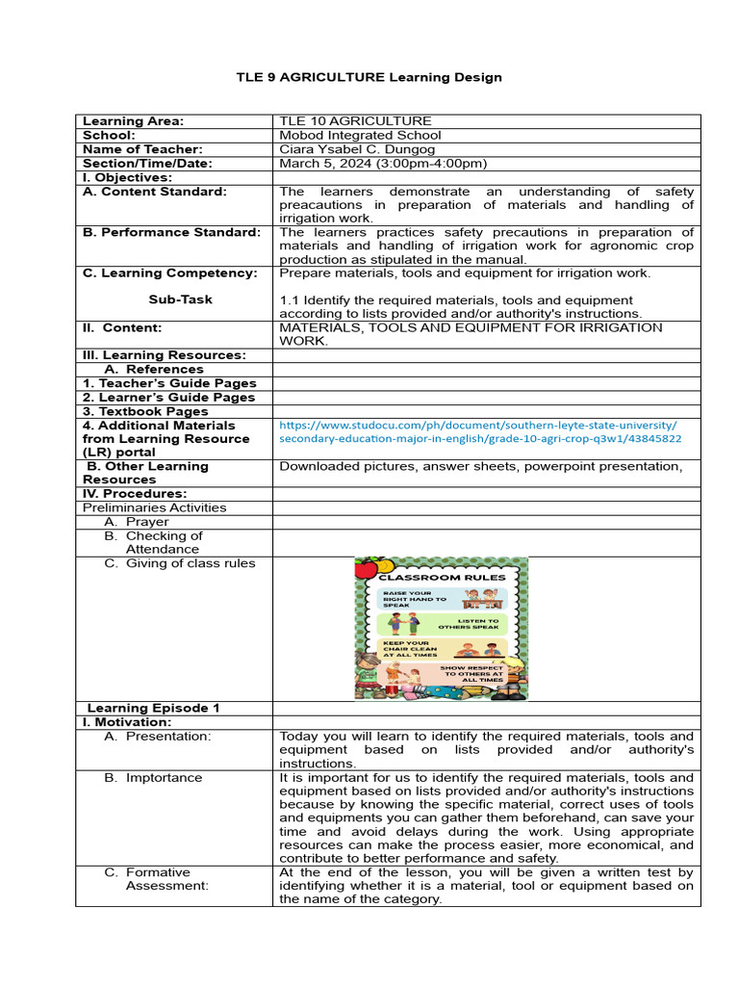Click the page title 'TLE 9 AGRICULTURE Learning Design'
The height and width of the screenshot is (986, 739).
(x=369, y=77)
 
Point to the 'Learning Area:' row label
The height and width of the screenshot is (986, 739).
(x=133, y=121)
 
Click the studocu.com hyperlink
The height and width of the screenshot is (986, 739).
(x=479, y=431)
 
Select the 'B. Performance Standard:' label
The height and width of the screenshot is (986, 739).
(x=171, y=232)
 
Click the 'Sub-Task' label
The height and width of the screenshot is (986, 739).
(x=180, y=299)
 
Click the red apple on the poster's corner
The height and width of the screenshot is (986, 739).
(x=366, y=568)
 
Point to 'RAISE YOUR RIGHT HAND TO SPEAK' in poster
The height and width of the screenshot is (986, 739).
(x=414, y=599)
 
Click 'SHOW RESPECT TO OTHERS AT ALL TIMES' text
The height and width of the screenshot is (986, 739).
(x=471, y=672)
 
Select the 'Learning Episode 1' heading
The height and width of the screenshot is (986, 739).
(x=153, y=708)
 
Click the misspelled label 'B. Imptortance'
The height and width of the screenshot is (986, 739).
(x=153, y=777)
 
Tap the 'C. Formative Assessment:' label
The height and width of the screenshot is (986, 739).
(x=159, y=879)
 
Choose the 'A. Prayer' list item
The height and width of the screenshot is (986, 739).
(x=137, y=522)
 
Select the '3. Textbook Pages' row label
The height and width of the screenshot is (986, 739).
(x=144, y=411)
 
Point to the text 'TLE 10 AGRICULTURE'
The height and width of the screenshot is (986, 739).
(x=355, y=121)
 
